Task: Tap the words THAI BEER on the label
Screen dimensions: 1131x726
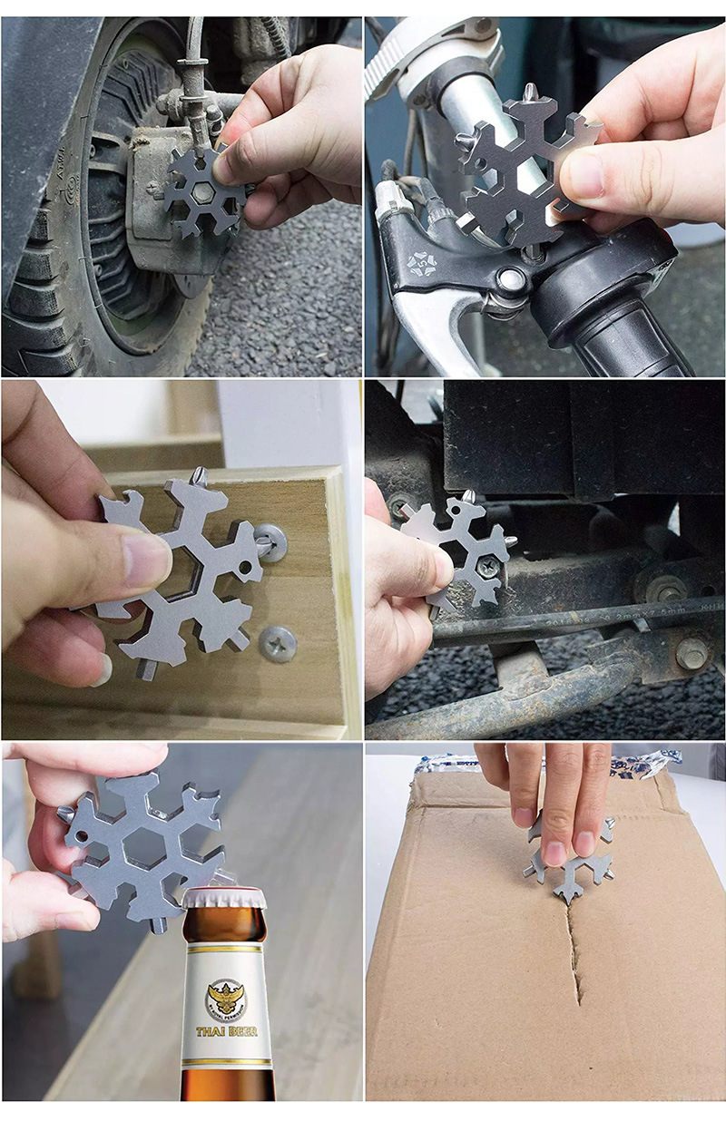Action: point(227,1030)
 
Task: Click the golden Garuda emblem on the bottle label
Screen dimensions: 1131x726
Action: point(226,998)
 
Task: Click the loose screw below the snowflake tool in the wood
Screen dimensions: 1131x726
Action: point(277,643)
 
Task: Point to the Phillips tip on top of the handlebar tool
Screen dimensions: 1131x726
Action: point(527,92)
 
